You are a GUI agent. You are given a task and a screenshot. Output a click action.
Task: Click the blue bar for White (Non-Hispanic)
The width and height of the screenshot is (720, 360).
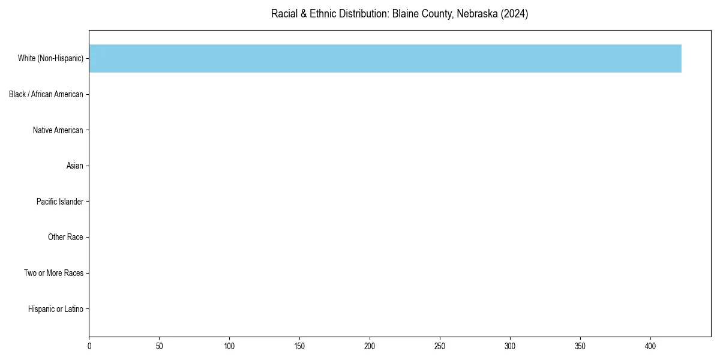tap(385, 58)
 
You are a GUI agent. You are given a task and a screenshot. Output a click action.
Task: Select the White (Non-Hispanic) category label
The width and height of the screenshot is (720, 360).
tap(50, 58)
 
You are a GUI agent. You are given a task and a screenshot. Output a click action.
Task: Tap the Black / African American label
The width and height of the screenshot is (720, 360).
tap(46, 94)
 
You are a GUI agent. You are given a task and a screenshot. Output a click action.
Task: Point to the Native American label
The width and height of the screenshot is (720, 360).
tap(58, 130)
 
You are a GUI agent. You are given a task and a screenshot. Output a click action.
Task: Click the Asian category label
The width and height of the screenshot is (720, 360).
tap(75, 166)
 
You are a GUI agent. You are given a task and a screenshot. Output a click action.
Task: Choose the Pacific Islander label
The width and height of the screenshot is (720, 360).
tap(60, 202)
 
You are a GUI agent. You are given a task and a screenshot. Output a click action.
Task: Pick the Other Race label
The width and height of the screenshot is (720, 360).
tap(65, 238)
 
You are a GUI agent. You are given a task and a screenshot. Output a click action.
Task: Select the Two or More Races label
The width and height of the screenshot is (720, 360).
tap(53, 273)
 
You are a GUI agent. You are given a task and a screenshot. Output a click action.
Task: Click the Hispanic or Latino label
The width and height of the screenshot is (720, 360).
tap(55, 309)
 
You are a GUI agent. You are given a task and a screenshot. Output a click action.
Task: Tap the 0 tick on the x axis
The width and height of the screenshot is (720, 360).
tap(89, 346)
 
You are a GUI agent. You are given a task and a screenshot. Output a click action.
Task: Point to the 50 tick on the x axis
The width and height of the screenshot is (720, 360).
tap(159, 346)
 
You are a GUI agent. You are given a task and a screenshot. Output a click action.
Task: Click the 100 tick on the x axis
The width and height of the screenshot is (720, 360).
tap(229, 346)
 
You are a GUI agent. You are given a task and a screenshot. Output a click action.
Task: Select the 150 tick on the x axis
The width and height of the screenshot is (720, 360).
tap(299, 346)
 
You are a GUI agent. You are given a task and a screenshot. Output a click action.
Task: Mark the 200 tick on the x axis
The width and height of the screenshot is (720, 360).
tap(370, 346)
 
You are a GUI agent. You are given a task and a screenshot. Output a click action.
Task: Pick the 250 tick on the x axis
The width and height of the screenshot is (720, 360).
tap(440, 346)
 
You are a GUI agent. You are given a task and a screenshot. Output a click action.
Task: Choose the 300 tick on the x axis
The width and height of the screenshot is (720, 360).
tap(510, 346)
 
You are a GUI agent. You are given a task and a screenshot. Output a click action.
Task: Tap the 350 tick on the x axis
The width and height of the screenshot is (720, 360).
tap(580, 346)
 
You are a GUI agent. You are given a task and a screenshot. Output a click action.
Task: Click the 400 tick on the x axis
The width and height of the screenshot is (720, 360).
tap(650, 346)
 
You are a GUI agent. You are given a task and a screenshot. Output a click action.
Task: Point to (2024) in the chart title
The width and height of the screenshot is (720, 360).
tap(514, 14)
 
